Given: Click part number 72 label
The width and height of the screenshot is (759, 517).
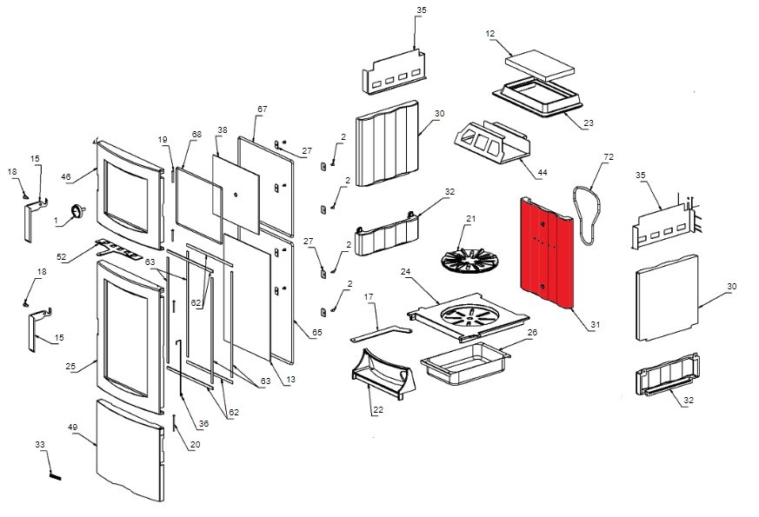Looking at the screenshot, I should [x=608, y=158].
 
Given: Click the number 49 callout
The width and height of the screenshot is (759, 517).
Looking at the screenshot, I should [x=73, y=428].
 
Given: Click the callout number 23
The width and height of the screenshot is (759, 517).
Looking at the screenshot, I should [x=589, y=123].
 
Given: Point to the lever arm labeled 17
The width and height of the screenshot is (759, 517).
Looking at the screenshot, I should [x=381, y=333].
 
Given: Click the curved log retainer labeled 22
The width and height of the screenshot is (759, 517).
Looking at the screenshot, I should [x=383, y=375].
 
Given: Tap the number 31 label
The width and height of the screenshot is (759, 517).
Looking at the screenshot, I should [x=596, y=325].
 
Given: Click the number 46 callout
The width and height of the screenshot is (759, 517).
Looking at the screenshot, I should [x=65, y=176].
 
